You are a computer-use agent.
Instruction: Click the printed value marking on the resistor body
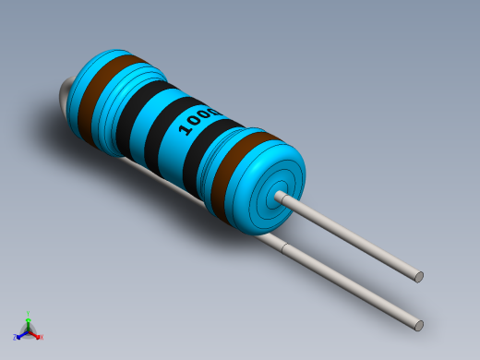[x=198, y=119]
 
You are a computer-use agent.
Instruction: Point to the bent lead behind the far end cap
[x=65, y=97]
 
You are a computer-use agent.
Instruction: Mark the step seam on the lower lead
[x=287, y=246]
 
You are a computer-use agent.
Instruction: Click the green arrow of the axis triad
[x=28, y=318]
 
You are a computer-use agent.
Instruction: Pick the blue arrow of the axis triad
[x=18, y=335]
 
